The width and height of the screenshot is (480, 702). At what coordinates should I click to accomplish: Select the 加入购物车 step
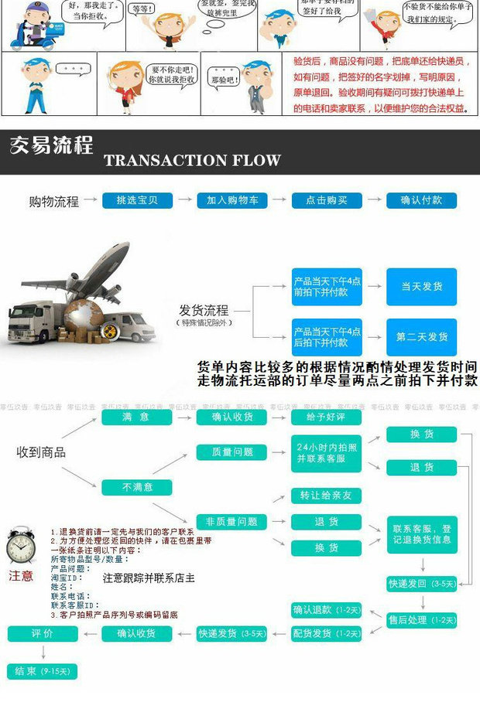point(232,200)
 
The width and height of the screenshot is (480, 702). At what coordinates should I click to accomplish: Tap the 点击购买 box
point(327,200)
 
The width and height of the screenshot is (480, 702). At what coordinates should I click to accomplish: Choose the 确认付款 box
point(422,200)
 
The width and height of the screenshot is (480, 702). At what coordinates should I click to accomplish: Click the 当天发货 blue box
point(422,287)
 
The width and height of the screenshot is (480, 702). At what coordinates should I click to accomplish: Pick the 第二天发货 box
point(422,337)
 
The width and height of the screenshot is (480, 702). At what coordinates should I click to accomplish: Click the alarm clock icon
point(21,547)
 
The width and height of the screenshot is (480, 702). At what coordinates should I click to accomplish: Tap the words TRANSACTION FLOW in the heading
point(192,160)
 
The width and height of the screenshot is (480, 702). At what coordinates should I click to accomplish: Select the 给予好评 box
point(327,417)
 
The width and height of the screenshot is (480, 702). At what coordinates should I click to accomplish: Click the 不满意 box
point(137,488)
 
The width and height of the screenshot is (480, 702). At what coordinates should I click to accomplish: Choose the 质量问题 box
point(232,452)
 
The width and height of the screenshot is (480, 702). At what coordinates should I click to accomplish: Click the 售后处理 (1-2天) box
point(422,619)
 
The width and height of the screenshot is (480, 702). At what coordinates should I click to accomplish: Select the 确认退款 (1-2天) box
point(327,610)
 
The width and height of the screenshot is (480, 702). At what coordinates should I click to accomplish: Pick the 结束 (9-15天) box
point(43,670)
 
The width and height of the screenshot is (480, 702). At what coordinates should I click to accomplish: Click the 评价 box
point(43,634)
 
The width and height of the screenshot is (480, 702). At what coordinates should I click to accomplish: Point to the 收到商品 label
point(41,452)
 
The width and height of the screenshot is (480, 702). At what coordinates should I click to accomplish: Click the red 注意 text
point(21,575)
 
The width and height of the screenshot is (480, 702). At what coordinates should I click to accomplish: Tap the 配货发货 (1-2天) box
point(327,634)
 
